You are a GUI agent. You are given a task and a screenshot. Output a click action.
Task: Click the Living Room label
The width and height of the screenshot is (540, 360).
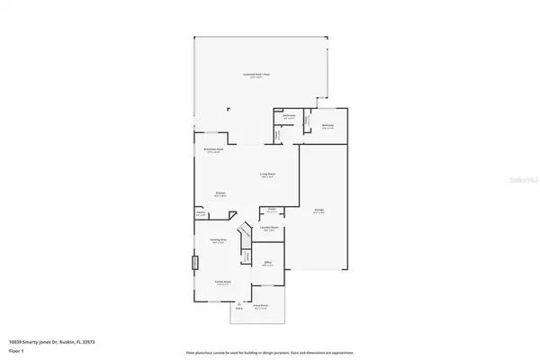[x=267, y=175]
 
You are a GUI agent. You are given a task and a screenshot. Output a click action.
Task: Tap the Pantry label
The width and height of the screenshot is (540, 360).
[x=201, y=214]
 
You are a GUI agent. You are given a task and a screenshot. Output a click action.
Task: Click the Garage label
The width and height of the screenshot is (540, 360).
[x=319, y=211]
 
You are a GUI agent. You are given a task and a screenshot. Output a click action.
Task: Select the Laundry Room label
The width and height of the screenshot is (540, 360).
[x=267, y=229]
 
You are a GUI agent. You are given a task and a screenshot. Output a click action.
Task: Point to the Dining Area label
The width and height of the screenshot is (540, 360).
[x=218, y=240]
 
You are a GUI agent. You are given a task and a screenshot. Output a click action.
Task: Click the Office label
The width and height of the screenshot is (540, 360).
[x=267, y=265]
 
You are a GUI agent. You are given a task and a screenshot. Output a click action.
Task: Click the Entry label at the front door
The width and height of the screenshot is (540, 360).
[x=239, y=306]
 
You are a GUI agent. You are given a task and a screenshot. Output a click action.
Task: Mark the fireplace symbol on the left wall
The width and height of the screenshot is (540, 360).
[x=193, y=264]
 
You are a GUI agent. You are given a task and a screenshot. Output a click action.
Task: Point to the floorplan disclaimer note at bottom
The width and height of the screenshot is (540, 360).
[x=270, y=353]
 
